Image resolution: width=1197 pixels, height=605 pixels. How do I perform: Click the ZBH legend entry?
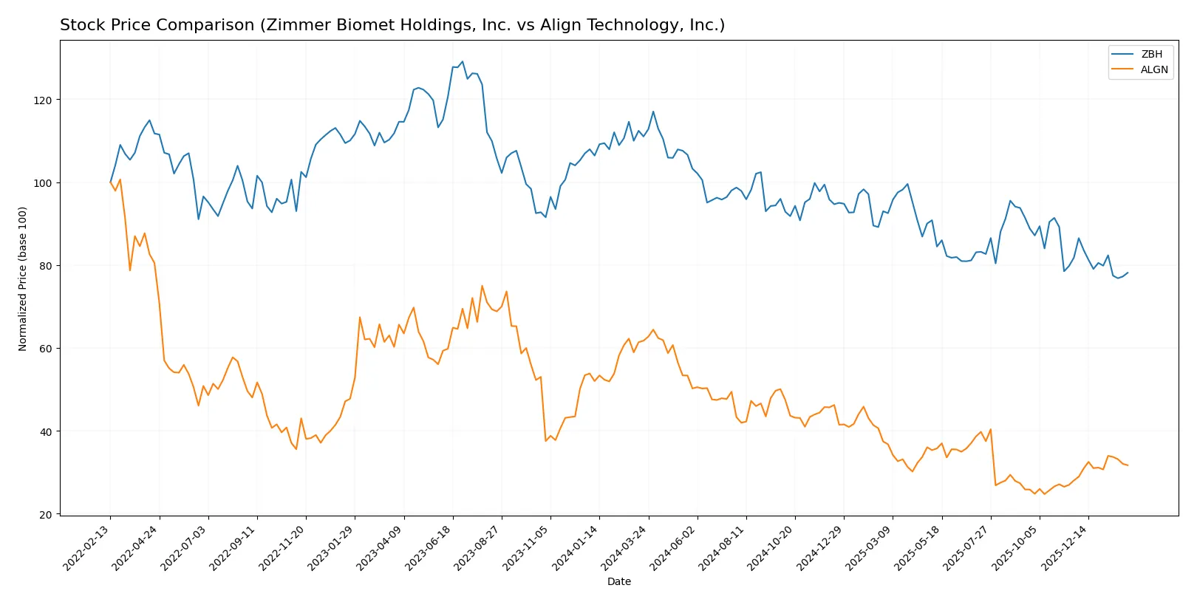click(1151, 54)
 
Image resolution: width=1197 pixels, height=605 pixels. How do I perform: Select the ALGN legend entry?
click(1153, 69)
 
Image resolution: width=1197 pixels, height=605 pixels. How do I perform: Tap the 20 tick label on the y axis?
click(45, 515)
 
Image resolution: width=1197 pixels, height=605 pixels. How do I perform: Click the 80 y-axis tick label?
click(45, 266)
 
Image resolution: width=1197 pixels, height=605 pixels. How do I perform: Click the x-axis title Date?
click(618, 581)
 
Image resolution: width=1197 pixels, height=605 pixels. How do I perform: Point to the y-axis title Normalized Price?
click(23, 278)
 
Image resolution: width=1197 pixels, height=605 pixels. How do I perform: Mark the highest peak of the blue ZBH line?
click(463, 62)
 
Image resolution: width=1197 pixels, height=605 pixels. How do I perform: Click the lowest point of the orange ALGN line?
click(1044, 493)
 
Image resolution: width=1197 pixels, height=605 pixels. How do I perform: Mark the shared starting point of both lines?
click(111, 182)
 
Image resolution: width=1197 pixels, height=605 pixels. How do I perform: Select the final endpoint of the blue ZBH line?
click(1128, 273)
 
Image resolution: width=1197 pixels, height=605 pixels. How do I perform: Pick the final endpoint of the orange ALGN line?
click(1128, 465)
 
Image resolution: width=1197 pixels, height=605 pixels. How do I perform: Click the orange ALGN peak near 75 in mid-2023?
click(482, 286)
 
